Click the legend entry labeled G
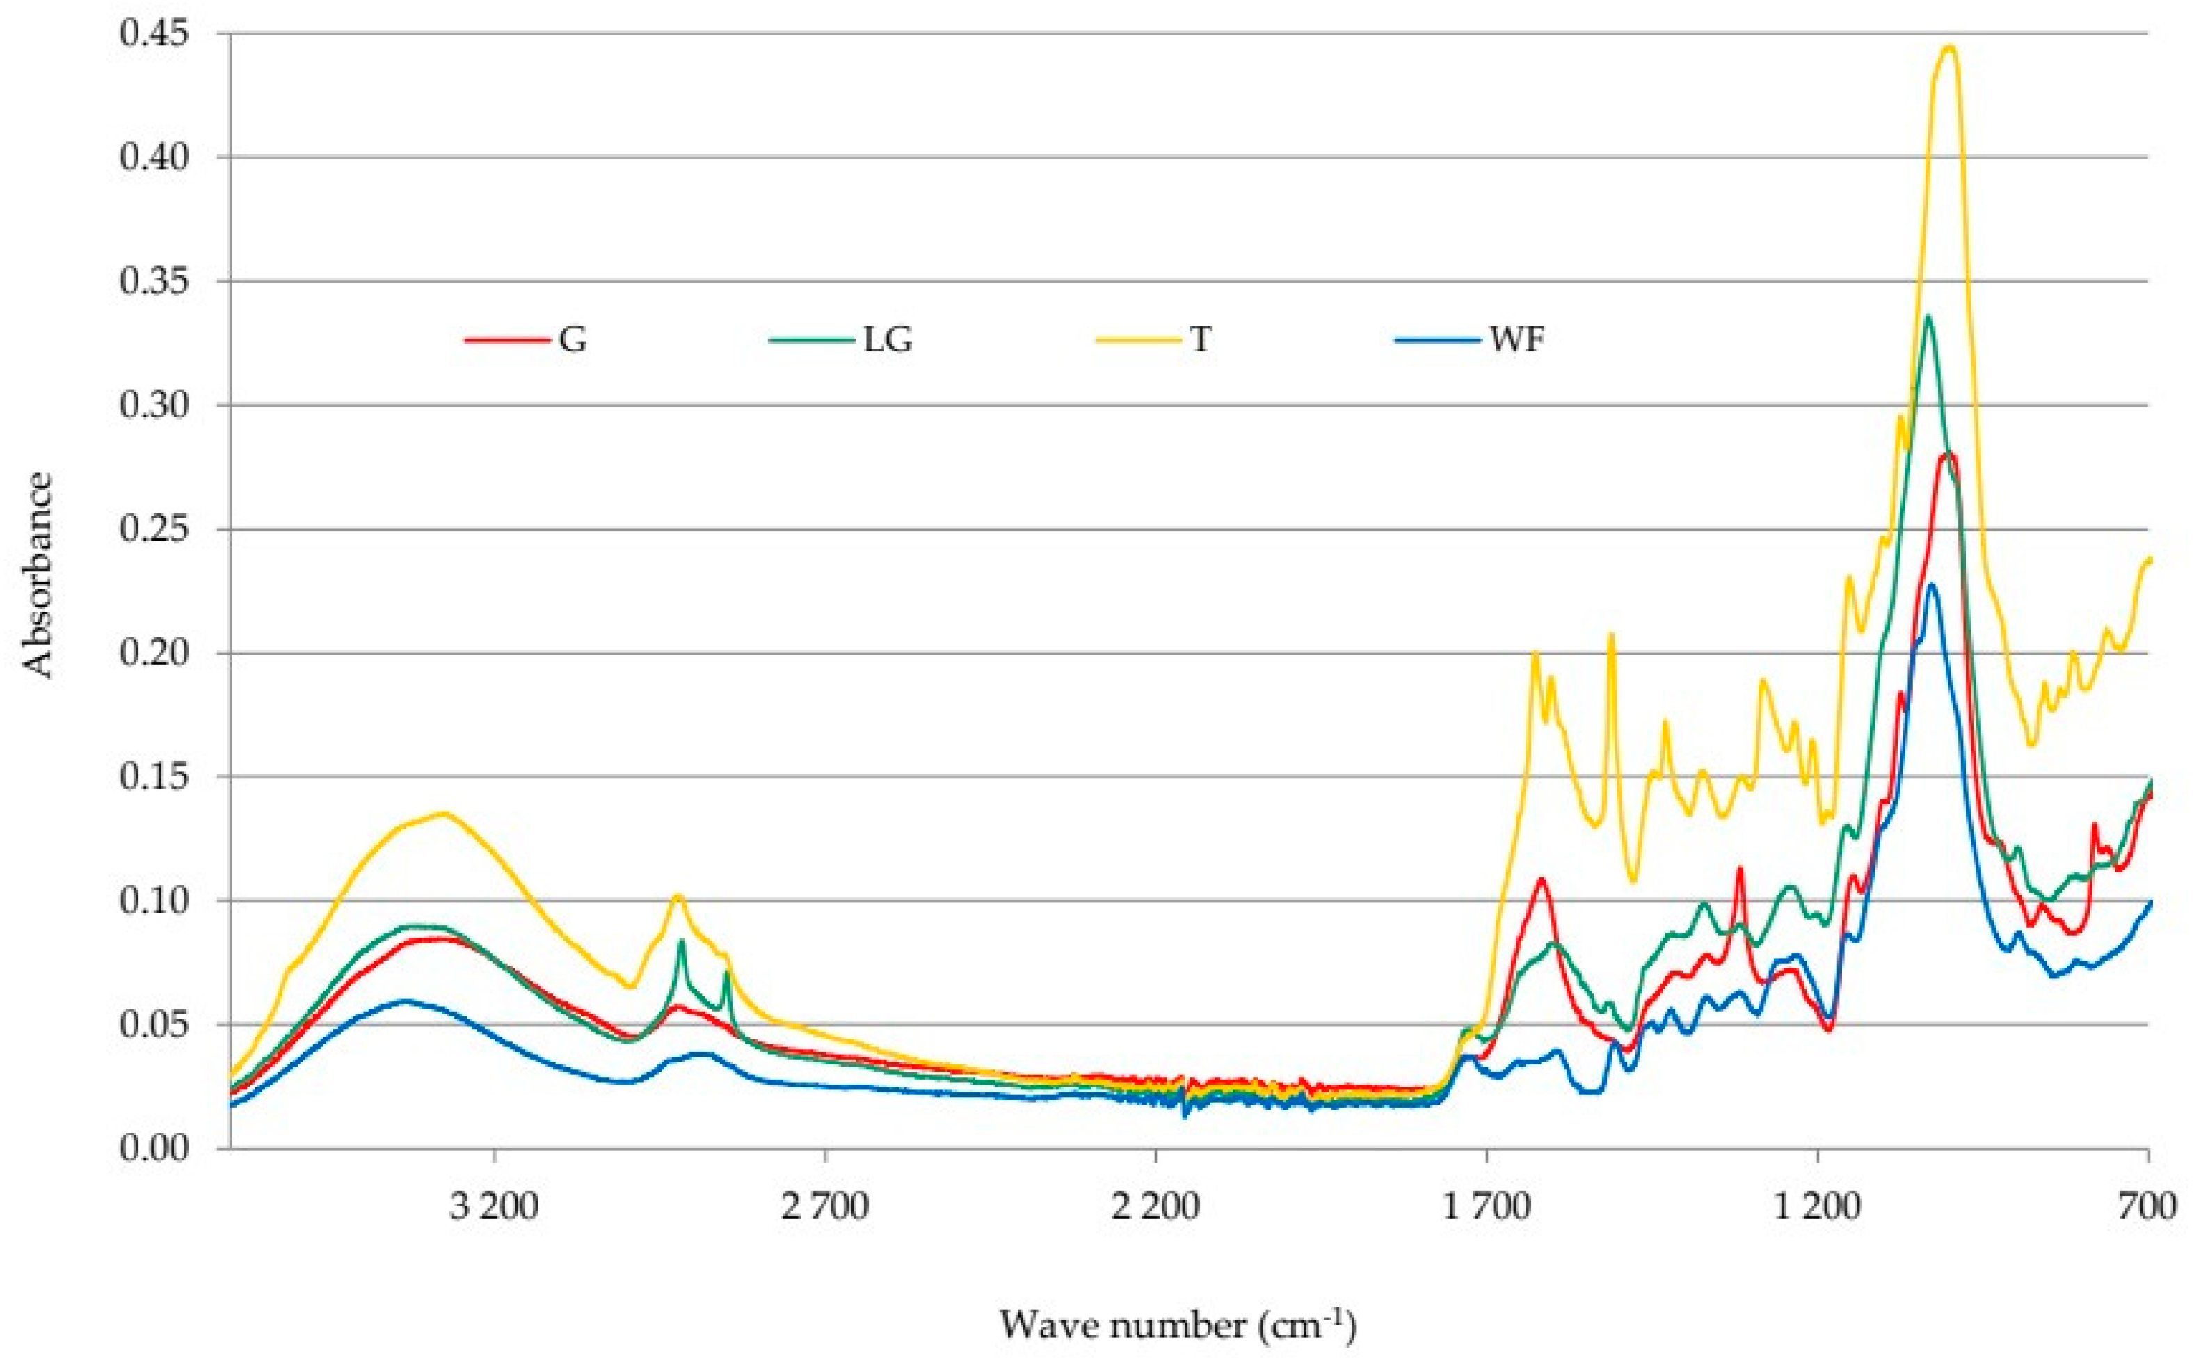pyautogui.click(x=526, y=340)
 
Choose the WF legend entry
pyautogui.click(x=1470, y=340)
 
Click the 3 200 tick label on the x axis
pyautogui.click(x=495, y=1206)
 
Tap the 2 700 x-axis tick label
pyautogui.click(x=825, y=1206)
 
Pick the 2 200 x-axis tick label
pyautogui.click(x=1155, y=1206)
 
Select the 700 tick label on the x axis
pyautogui.click(x=2148, y=1206)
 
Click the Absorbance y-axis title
pyautogui.click(x=39, y=575)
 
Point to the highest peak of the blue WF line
pyautogui.click(x=1932, y=584)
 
